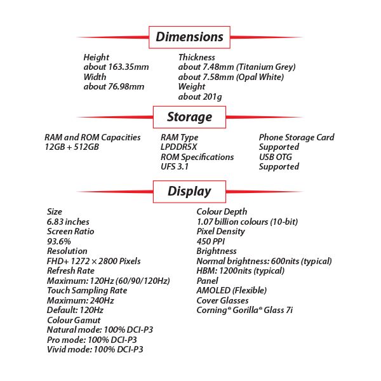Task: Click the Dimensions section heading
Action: [x=189, y=37]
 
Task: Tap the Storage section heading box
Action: [x=189, y=117]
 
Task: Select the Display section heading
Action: [x=189, y=190]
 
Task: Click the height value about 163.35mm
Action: [x=116, y=67]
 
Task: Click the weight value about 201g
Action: [x=200, y=97]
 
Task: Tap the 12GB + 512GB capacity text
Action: [x=72, y=147]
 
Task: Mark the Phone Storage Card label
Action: [x=297, y=137]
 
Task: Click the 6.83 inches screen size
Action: [x=68, y=222]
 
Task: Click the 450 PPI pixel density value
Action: [x=211, y=241]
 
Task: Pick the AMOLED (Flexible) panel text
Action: [x=232, y=290]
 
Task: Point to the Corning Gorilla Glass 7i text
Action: [x=244, y=310]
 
